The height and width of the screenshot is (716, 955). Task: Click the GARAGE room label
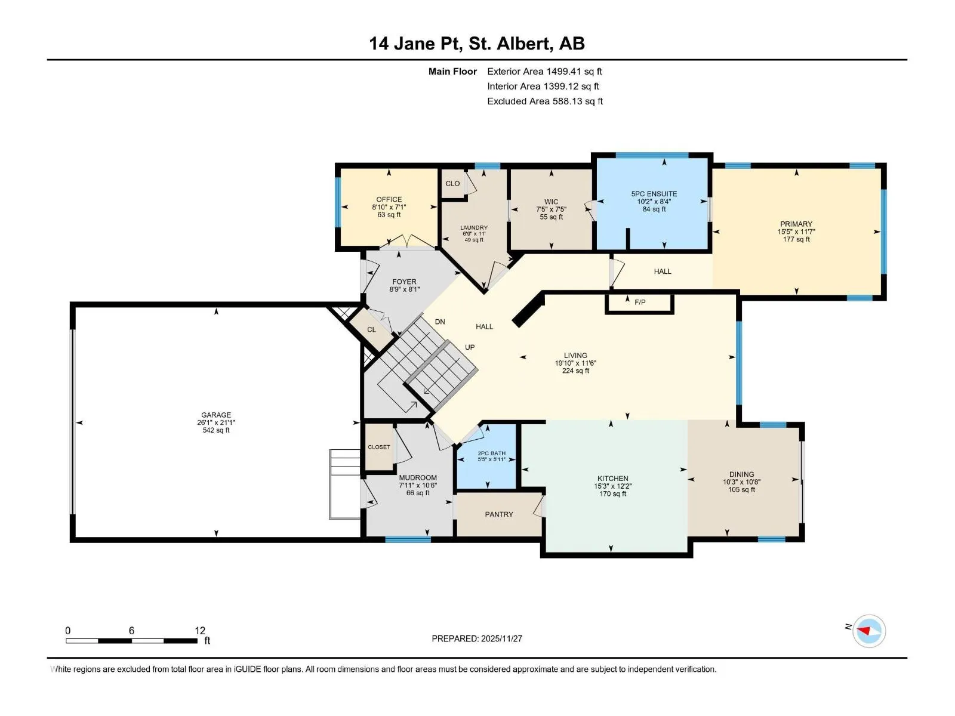click(x=216, y=415)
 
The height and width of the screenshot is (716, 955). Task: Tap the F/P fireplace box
click(x=639, y=304)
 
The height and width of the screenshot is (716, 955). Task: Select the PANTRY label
click(x=498, y=514)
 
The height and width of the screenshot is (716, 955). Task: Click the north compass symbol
click(x=868, y=631)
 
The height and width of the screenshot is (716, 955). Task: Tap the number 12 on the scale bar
click(x=200, y=630)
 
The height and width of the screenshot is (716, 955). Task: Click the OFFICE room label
click(x=389, y=199)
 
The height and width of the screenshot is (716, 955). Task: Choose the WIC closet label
click(x=551, y=202)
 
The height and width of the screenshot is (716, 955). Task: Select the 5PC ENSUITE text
click(x=654, y=194)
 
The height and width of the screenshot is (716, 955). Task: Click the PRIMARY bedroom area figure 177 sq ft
click(x=796, y=239)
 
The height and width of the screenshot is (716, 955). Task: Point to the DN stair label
click(x=440, y=322)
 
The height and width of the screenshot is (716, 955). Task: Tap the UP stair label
click(x=470, y=347)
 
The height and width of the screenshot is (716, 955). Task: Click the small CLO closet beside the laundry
click(x=452, y=184)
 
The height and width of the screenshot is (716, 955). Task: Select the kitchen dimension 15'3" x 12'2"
click(x=612, y=486)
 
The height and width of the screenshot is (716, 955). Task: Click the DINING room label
click(x=741, y=474)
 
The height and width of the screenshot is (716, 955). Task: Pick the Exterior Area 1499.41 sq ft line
click(x=544, y=71)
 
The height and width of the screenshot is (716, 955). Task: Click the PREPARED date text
click(x=477, y=638)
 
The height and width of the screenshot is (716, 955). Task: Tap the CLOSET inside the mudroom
click(x=379, y=447)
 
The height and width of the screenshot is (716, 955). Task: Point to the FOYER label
click(x=404, y=282)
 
